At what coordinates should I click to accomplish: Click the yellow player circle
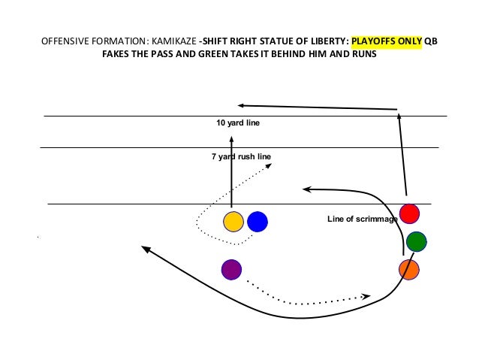(233, 222)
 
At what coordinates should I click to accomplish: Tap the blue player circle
(258, 222)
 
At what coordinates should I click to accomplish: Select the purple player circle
(232, 268)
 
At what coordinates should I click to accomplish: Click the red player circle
(409, 213)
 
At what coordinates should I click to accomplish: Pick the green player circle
(416, 241)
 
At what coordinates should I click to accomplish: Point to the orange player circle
(408, 269)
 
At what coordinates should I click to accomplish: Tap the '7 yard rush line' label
(241, 156)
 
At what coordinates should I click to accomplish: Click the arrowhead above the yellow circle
(232, 138)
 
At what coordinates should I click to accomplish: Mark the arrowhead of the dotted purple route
(366, 296)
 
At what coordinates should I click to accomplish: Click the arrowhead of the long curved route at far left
(145, 248)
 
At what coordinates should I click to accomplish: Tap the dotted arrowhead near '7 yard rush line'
(268, 167)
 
